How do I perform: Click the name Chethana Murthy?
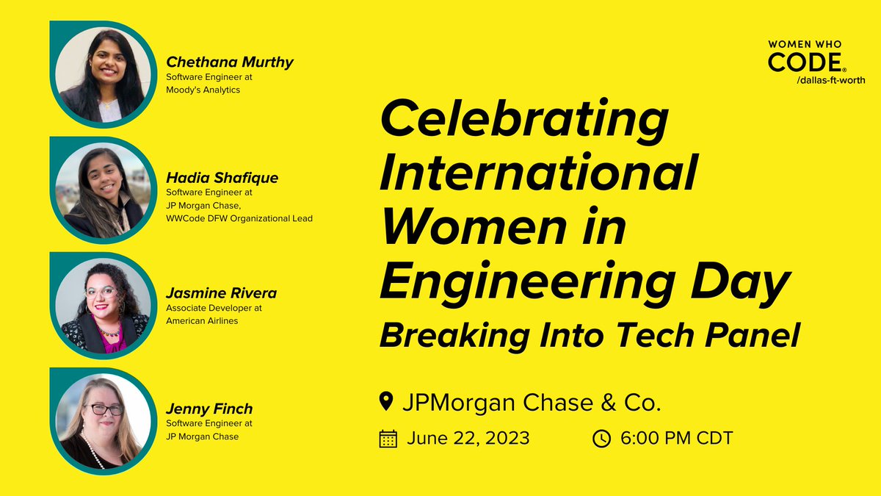pos(229,62)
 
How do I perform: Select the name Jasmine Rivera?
pos(221,293)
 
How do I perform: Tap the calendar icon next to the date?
pos(388,439)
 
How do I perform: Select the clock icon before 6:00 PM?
pos(601,439)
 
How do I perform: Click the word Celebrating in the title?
pos(524,123)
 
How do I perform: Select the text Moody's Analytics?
pos(203,90)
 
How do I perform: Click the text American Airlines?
pos(202,320)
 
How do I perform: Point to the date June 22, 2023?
pos(468,439)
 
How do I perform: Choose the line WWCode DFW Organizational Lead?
pos(239,218)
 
